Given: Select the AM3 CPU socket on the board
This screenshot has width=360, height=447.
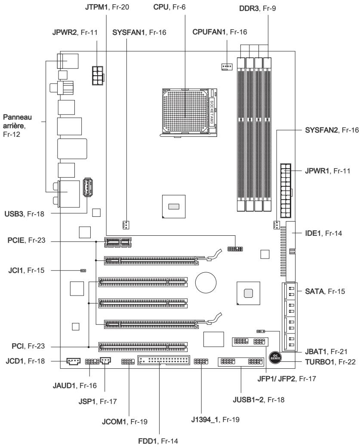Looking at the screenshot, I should pyautogui.click(x=189, y=113).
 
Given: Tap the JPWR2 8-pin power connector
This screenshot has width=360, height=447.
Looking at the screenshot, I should pyautogui.click(x=98, y=76).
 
